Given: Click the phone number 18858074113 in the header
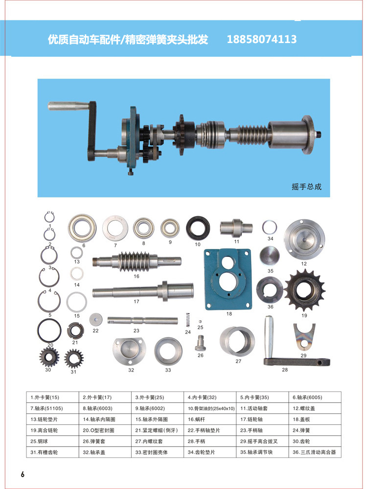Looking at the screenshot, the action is tap(261, 39).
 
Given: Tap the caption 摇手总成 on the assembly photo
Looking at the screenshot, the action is tap(306, 186).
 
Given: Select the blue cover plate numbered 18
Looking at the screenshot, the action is tap(228, 279).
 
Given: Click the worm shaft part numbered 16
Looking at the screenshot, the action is tap(137, 261).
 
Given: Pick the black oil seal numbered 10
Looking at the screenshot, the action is tap(198, 228).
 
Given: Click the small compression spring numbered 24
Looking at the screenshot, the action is tap(188, 320).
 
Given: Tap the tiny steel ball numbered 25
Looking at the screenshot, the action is tap(200, 322).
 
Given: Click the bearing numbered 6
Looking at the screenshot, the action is tap(82, 228).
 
